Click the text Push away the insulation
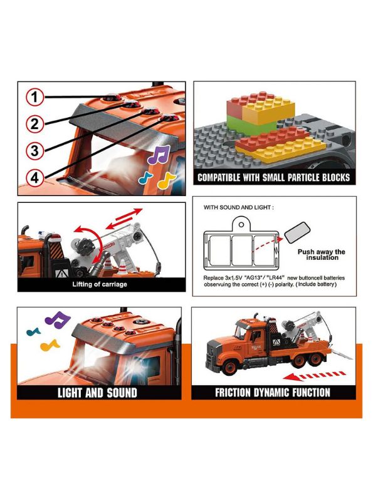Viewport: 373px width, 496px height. pyautogui.click(x=322, y=254)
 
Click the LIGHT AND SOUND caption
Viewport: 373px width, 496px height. pyautogui.click(x=97, y=393)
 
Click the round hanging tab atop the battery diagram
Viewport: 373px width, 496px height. pyautogui.click(x=241, y=224)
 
